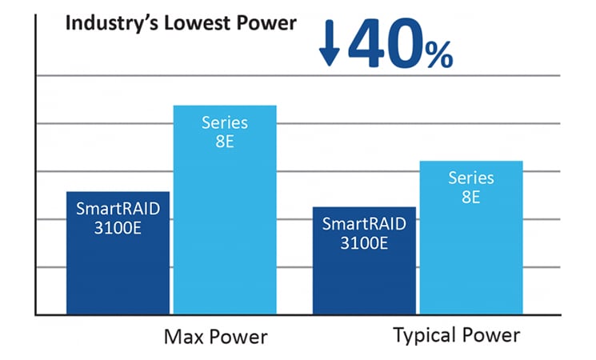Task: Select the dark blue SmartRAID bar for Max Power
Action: (x=118, y=264)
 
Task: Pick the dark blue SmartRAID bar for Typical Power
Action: (x=363, y=272)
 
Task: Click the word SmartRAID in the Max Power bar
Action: (x=118, y=209)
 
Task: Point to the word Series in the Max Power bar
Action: (x=225, y=123)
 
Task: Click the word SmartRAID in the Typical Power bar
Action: (x=363, y=224)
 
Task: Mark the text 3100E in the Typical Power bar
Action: (x=363, y=242)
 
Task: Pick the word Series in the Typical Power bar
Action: (x=470, y=178)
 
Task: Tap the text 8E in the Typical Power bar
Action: (x=470, y=196)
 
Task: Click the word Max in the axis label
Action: (x=183, y=336)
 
